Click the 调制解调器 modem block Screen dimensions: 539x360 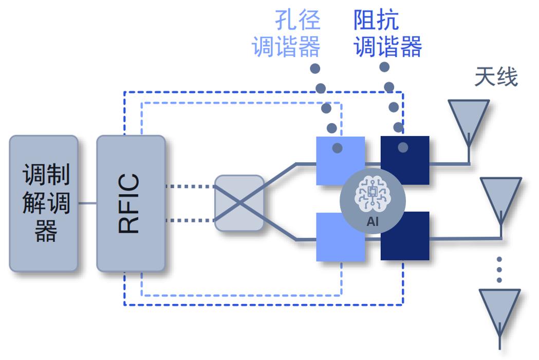(43, 203)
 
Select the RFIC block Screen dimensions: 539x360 (131, 203)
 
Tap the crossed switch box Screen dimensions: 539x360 (239, 203)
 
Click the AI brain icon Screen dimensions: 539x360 (373, 194)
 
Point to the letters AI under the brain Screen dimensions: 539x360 (373, 221)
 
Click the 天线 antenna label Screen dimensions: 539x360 (496, 77)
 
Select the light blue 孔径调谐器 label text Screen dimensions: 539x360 (286, 33)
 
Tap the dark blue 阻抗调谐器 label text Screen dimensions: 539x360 (388, 33)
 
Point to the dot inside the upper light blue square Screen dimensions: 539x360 (338, 148)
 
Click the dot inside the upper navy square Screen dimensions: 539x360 (403, 147)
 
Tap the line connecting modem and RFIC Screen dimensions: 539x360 (87, 203)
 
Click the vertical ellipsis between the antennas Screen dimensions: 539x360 (499, 270)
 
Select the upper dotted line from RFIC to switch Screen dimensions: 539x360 (190, 186)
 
